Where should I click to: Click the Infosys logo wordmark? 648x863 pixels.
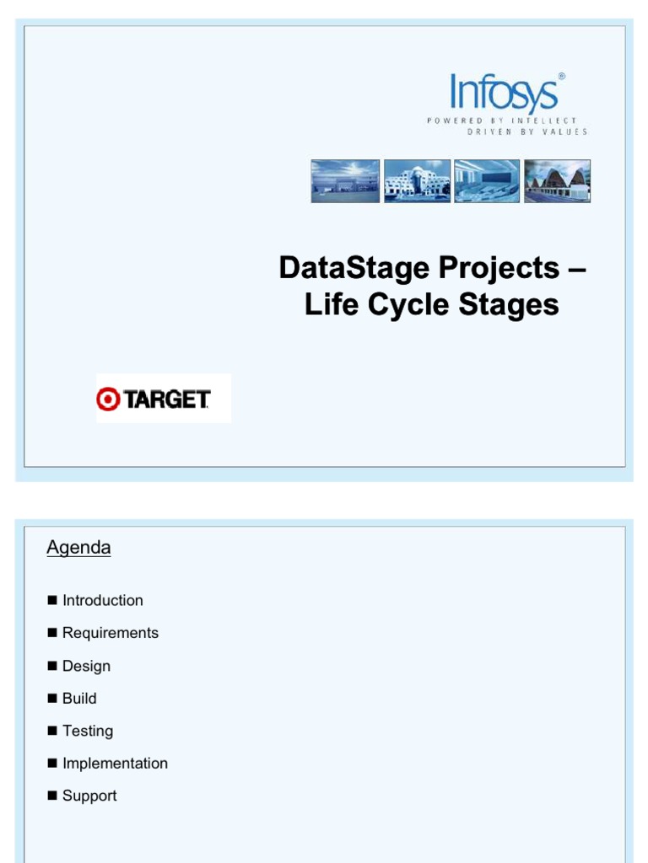[504, 93]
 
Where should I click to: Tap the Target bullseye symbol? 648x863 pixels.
[108, 399]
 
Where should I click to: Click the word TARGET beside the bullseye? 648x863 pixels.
[167, 399]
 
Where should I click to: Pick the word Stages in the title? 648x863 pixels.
[509, 304]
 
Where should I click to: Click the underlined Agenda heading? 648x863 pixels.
[78, 548]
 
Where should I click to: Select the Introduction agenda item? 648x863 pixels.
[102, 600]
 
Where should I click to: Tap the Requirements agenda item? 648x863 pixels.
[110, 633]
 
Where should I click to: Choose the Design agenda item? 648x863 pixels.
[86, 666]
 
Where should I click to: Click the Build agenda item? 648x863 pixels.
[79, 698]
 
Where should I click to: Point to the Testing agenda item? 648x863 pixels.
[87, 731]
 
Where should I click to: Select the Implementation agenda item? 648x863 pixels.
[115, 764]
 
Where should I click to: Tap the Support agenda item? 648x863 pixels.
[89, 796]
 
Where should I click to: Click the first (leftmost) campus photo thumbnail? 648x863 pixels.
[345, 180]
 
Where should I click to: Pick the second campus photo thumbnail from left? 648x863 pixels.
[417, 180]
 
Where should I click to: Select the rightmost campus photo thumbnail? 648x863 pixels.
[557, 180]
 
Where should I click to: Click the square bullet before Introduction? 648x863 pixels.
[52, 600]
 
